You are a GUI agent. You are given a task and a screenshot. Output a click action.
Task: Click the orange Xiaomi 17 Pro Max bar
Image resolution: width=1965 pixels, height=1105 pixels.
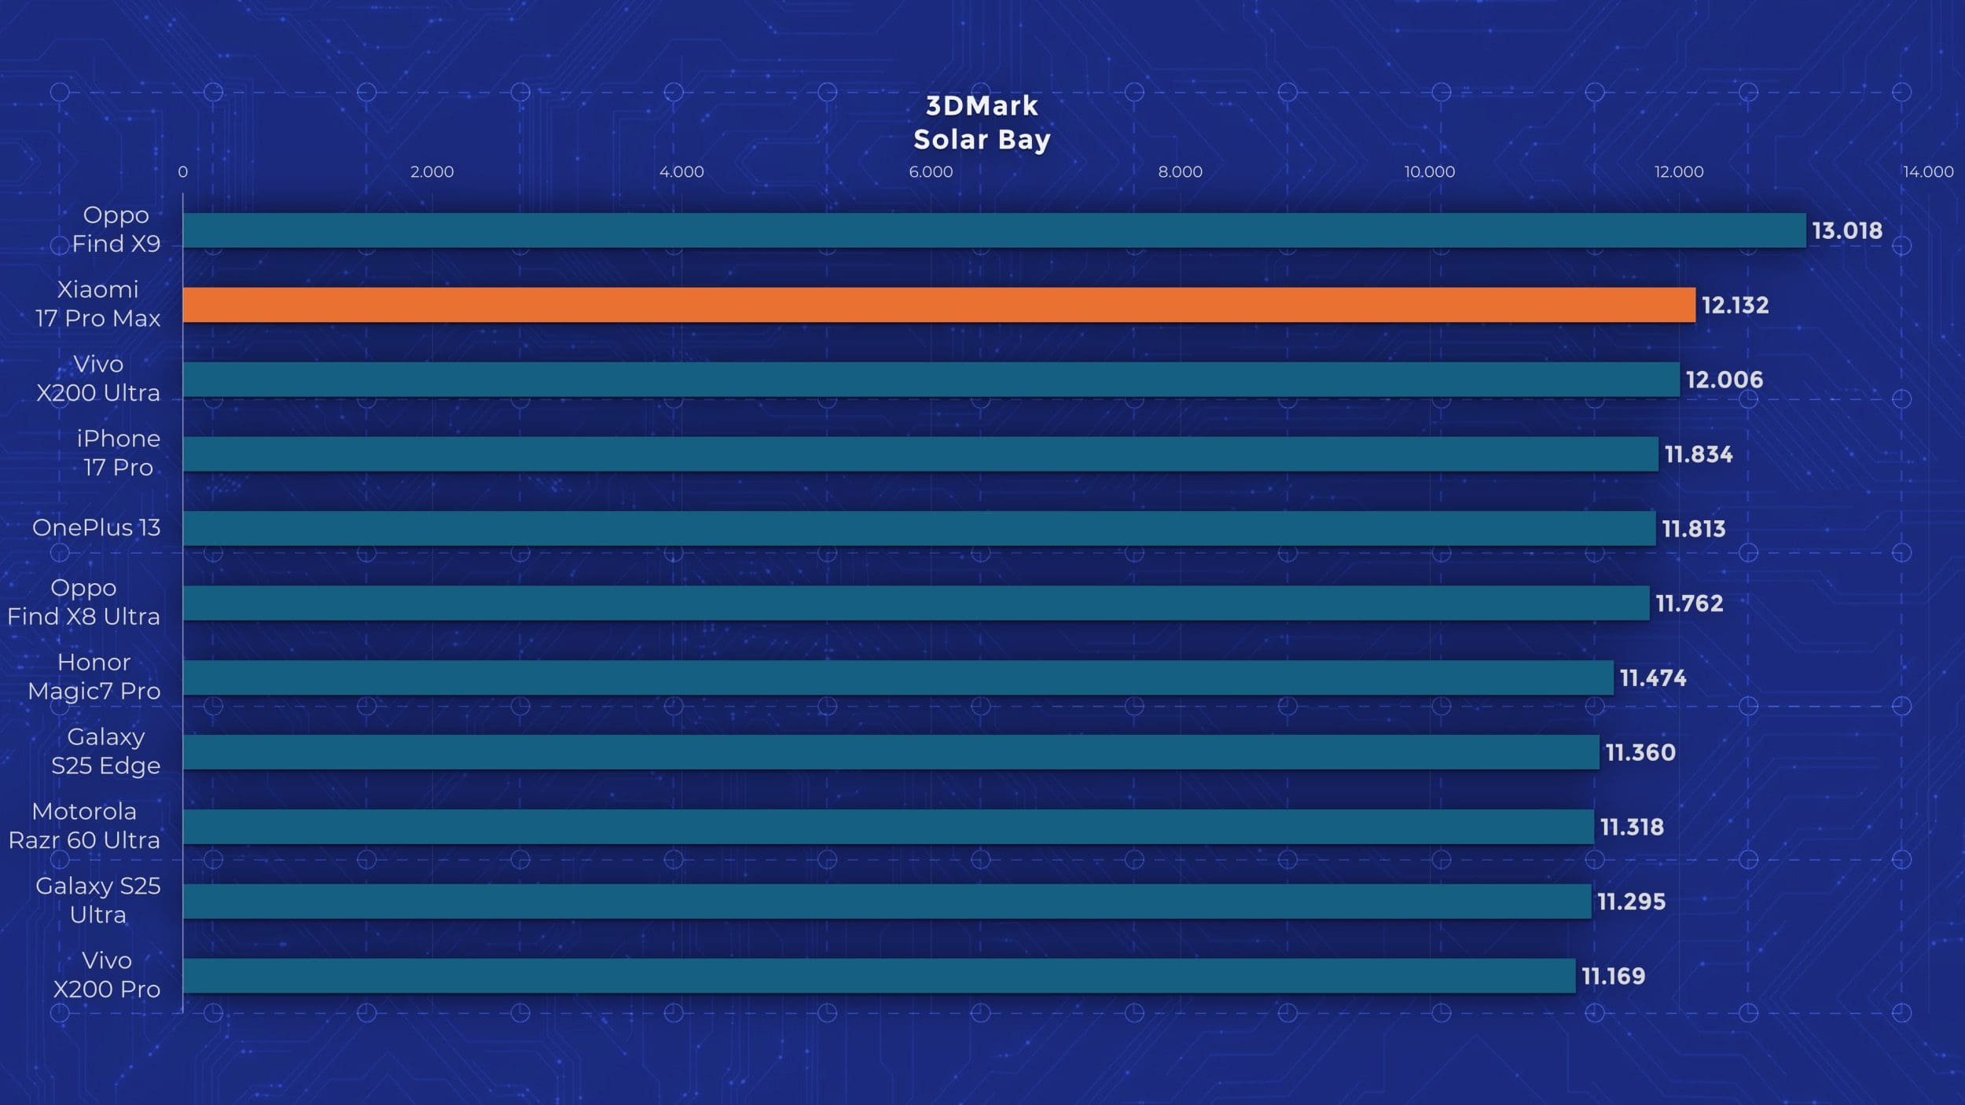click(938, 305)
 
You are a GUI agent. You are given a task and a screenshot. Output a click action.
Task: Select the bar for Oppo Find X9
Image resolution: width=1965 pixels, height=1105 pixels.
click(994, 230)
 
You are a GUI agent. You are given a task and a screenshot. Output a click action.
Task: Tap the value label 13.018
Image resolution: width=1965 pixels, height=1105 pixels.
click(1847, 230)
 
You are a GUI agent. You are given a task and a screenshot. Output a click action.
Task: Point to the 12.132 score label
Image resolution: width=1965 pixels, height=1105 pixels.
click(1735, 305)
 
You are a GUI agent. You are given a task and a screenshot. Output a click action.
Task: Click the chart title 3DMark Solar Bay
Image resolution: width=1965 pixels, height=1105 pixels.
click(982, 123)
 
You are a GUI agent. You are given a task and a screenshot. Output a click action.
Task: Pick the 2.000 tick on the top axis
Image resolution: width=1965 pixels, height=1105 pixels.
click(432, 171)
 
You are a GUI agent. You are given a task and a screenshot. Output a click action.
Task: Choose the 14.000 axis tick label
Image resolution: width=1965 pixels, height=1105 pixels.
click(1927, 171)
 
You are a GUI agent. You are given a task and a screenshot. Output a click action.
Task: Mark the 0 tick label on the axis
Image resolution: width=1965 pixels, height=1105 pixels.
click(182, 171)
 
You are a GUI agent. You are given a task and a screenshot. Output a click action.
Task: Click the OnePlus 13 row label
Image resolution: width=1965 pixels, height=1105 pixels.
click(96, 527)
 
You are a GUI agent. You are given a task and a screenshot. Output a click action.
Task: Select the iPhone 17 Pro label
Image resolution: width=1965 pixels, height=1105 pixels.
click(118, 453)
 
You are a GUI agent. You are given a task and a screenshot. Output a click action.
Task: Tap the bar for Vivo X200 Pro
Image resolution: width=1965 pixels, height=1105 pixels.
click(879, 975)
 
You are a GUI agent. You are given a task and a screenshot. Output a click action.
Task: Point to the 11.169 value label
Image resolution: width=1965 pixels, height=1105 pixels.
click(1613, 975)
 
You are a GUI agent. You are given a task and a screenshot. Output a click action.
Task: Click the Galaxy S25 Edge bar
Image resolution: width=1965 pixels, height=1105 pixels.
click(891, 752)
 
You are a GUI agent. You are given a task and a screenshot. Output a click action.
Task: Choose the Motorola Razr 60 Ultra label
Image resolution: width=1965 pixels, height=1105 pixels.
click(84, 825)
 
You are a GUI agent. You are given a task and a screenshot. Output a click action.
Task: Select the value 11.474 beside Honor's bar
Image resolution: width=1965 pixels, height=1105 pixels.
click(1652, 677)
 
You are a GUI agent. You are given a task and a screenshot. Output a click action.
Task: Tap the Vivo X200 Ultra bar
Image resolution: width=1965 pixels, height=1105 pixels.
click(931, 380)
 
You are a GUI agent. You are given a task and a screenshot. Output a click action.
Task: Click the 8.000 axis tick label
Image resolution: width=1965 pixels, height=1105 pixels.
click(1180, 171)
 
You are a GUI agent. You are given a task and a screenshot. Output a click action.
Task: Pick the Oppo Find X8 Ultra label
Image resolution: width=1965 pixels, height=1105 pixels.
click(83, 602)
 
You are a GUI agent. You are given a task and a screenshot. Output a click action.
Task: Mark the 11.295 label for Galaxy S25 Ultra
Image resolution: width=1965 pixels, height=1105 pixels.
click(1631, 901)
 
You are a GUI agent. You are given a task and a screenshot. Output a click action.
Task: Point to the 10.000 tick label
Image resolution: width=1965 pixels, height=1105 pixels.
click(1429, 171)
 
